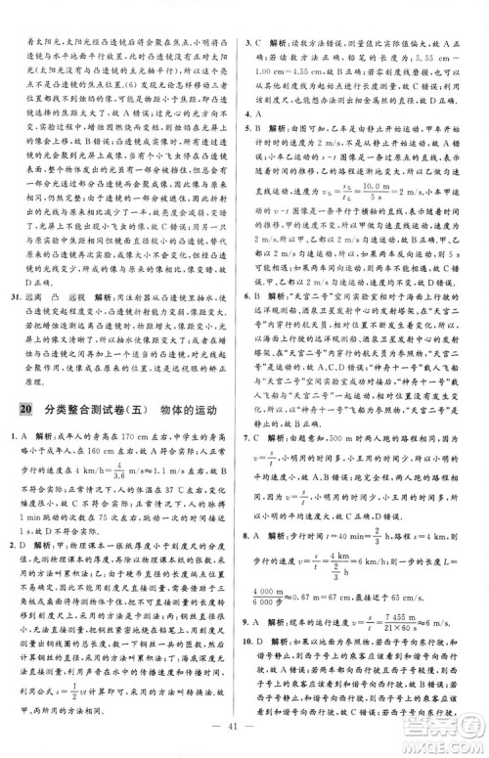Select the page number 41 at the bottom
pyautogui.click(x=244, y=736)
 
